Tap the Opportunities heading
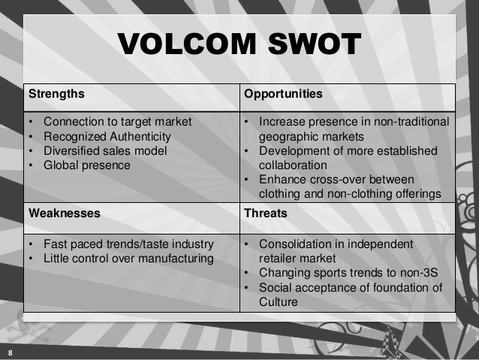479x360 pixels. (282, 95)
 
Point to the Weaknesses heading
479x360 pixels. (64, 213)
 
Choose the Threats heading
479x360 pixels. (266, 213)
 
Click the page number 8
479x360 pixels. (9, 352)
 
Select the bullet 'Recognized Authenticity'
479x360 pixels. (107, 136)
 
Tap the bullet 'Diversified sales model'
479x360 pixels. (104, 150)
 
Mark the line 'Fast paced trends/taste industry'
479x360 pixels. (128, 245)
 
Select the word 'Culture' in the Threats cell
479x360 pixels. (279, 302)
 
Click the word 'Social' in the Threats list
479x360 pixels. (276, 288)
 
